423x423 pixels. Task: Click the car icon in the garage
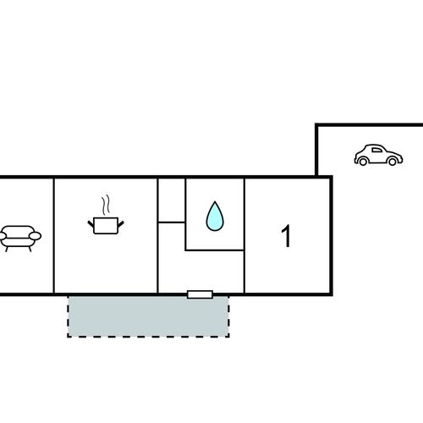click(378, 155)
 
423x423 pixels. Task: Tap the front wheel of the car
click(393, 162)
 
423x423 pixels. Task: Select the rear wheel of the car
click(363, 162)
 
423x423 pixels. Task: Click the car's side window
click(376, 150)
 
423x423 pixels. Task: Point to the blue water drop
click(215, 217)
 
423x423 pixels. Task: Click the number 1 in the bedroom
click(286, 236)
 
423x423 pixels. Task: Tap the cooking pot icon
click(106, 214)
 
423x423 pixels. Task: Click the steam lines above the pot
click(106, 205)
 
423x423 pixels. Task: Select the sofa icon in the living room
click(19, 239)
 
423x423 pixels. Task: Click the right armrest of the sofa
click(35, 236)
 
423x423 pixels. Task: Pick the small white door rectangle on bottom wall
click(200, 294)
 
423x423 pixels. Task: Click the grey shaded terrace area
click(148, 316)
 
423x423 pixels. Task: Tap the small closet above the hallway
click(172, 201)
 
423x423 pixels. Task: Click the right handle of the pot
click(121, 224)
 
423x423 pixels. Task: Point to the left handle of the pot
click(91, 224)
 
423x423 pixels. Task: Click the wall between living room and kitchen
click(53, 236)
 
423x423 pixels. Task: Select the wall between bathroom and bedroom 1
click(244, 236)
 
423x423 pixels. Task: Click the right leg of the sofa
click(30, 249)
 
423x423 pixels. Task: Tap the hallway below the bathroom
click(201, 271)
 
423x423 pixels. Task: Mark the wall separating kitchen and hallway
click(157, 236)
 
